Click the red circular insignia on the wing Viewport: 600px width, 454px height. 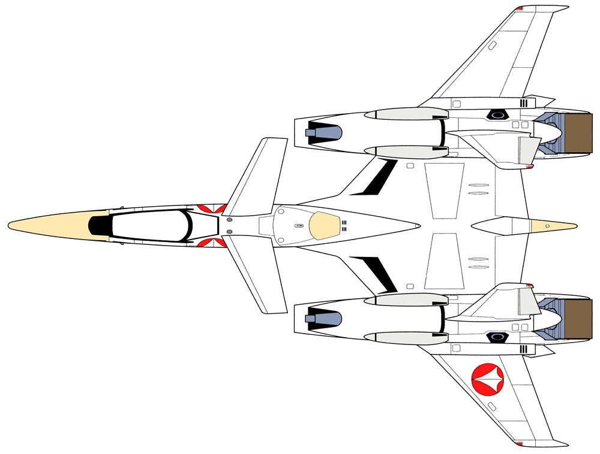(x=488, y=379)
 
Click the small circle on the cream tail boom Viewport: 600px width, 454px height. (x=547, y=226)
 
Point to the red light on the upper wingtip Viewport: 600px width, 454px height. (x=519, y=8)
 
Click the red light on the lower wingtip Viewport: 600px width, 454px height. (x=519, y=444)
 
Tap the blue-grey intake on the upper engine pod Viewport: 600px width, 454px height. (x=325, y=132)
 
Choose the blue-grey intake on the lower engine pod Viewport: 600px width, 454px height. (x=325, y=318)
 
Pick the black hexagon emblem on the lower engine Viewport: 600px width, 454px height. (x=497, y=338)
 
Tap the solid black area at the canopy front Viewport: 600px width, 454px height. (x=100, y=225)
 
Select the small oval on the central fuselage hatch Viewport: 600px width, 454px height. (x=298, y=226)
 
